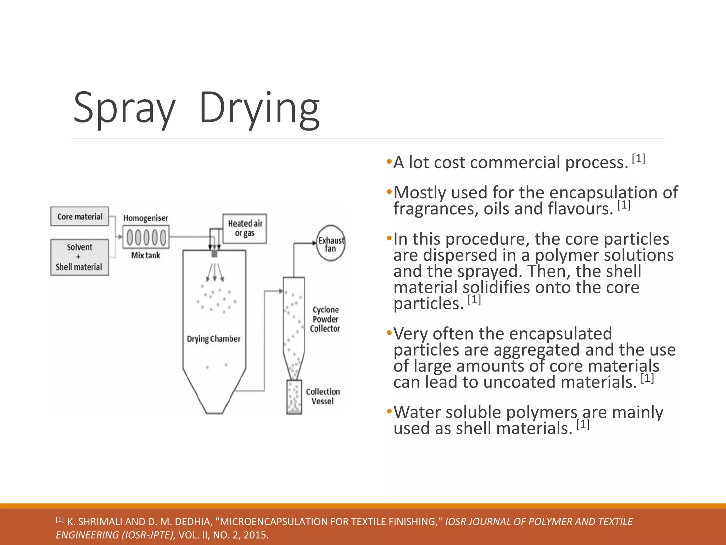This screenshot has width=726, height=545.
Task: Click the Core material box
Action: tap(79, 216)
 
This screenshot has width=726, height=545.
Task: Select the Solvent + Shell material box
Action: tap(79, 257)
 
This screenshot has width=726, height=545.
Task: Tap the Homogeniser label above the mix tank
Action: tap(145, 218)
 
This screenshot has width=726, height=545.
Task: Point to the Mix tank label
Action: tap(145, 255)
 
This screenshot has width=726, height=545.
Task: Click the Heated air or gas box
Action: tap(245, 229)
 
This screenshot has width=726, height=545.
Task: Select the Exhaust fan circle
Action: tap(331, 243)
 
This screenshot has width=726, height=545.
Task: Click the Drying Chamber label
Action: tap(213, 339)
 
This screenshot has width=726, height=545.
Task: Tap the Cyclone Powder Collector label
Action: tap(325, 319)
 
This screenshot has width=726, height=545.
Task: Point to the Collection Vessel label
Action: tap(323, 396)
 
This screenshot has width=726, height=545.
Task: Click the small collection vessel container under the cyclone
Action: tap(294, 397)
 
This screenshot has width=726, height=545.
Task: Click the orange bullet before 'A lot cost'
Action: tap(389, 162)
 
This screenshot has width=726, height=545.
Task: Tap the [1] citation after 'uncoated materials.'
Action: tap(647, 379)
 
